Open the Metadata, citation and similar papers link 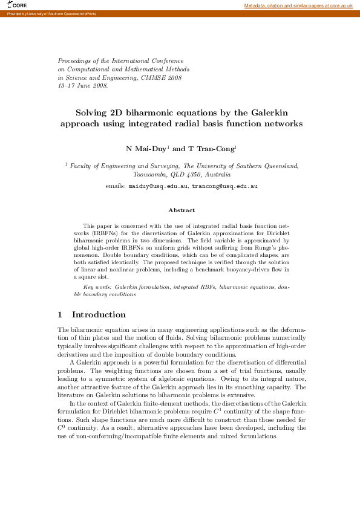tap(298, 5)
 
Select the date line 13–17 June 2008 tap(83, 86)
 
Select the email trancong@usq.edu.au tap(224, 186)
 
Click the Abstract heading tap(181, 210)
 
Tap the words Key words tap(97, 287)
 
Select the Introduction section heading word tap(99, 315)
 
